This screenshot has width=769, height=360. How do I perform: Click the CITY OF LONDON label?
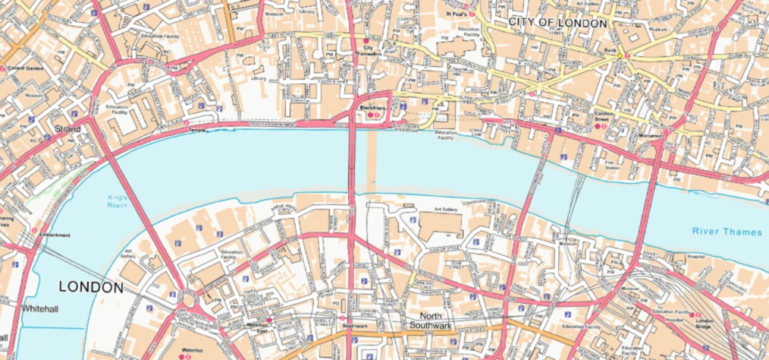click(558, 24)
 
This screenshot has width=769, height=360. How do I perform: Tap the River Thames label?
click(727, 231)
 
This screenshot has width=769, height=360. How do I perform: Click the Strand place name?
click(67, 130)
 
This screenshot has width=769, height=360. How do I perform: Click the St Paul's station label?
click(457, 14)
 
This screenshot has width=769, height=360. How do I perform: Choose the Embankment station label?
click(55, 235)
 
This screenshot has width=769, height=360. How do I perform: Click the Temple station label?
click(199, 131)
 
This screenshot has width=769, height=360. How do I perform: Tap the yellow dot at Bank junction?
click(620, 55)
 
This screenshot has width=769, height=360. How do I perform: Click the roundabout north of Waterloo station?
click(187, 298)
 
